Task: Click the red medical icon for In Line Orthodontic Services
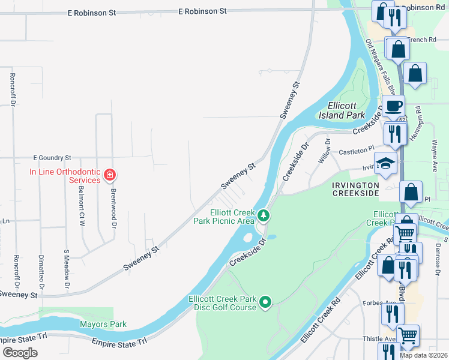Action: [x=109, y=175]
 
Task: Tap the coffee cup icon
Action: [x=393, y=106]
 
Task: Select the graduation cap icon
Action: [x=385, y=163]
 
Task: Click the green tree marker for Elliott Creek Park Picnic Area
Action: [x=263, y=215]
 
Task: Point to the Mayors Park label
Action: [x=103, y=325]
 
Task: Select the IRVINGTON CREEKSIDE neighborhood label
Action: [x=355, y=189]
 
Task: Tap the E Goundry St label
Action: [x=52, y=157]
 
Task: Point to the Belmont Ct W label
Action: [x=81, y=206]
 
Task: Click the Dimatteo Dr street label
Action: [x=41, y=268]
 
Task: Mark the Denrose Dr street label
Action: [x=438, y=256]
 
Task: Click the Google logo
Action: [x=20, y=353]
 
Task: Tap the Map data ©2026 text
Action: [x=423, y=355]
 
